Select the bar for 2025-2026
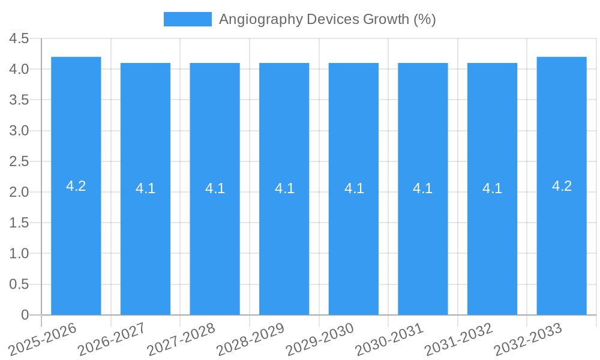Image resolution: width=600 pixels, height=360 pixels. (76, 240)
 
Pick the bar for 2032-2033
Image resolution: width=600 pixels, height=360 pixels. (562, 240)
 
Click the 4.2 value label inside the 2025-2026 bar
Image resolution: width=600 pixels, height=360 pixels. (76, 186)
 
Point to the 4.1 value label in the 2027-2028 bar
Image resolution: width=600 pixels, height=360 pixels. (215, 188)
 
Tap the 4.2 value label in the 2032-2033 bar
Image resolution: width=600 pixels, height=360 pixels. (562, 186)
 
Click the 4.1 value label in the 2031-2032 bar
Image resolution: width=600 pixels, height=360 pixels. (492, 188)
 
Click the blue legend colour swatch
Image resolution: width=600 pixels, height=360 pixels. (188, 19)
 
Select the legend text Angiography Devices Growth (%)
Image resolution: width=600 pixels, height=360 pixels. (327, 19)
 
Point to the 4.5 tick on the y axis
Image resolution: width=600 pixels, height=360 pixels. (19, 38)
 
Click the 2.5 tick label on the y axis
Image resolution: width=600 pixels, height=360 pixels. (19, 161)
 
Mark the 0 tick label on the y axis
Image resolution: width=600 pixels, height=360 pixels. (25, 315)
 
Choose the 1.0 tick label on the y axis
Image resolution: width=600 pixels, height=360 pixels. (19, 254)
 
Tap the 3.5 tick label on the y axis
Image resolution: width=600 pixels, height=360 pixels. (19, 100)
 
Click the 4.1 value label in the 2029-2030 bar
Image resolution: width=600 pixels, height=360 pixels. (354, 188)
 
